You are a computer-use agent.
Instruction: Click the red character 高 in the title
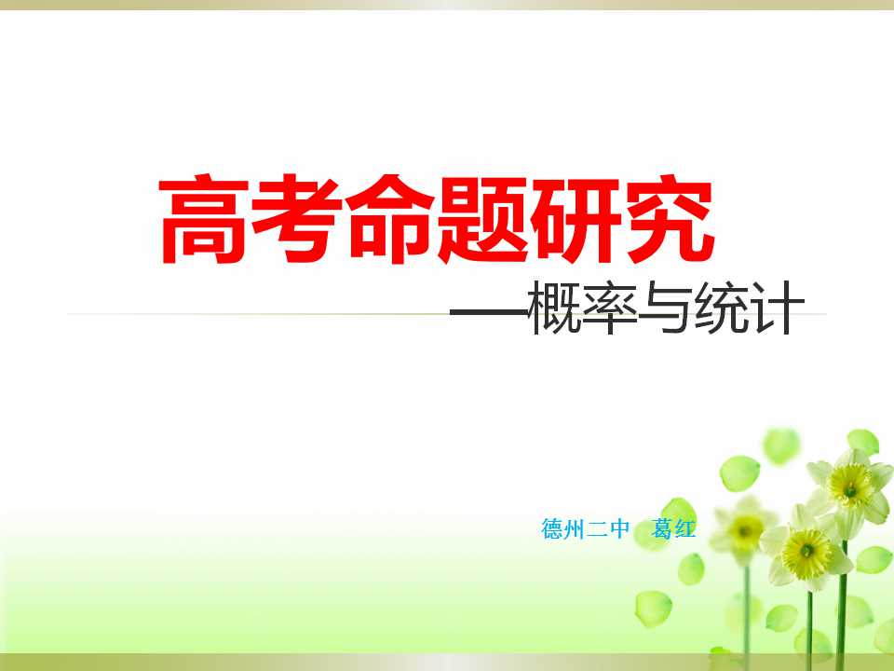(204, 220)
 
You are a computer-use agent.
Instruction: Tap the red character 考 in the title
(296, 220)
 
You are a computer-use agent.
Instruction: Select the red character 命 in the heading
(390, 220)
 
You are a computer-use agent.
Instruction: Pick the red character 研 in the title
(576, 220)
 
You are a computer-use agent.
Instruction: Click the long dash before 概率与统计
(490, 312)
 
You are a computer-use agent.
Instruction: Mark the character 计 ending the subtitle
(777, 308)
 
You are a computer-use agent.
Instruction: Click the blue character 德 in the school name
(552, 528)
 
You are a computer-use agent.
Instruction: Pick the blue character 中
(618, 528)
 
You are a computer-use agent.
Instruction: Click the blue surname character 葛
(662, 528)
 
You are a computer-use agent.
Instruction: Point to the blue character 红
(684, 528)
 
